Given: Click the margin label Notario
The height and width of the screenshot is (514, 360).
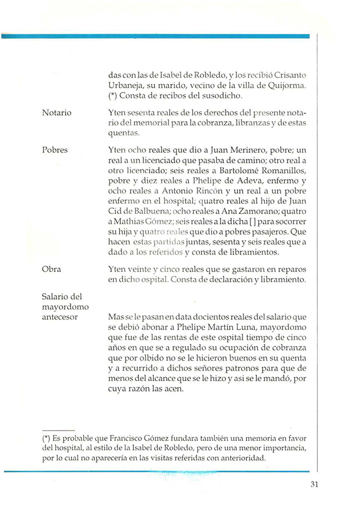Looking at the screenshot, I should coord(56,113).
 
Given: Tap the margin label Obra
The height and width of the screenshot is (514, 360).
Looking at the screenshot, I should coord(52,269).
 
